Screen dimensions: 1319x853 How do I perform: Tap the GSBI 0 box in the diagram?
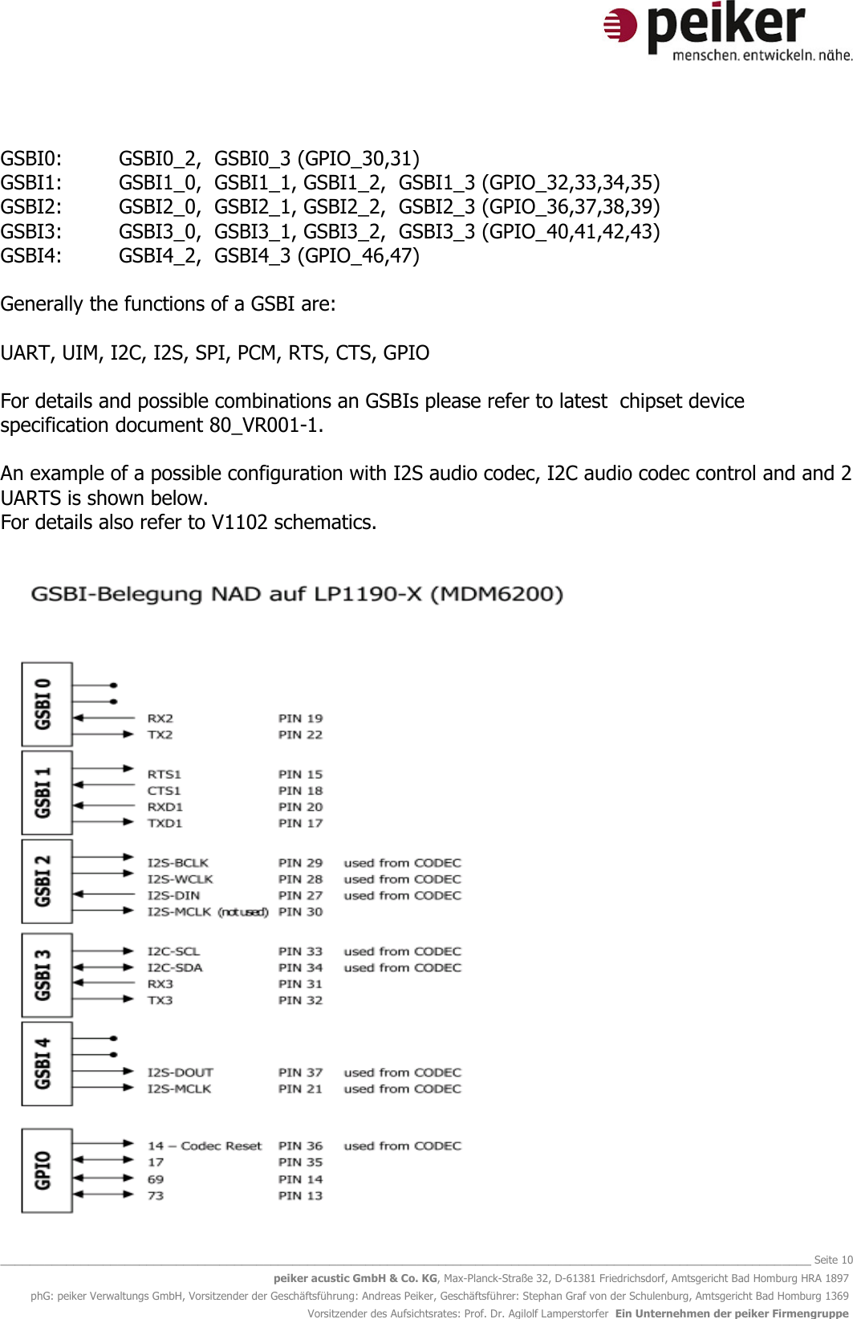[47, 704]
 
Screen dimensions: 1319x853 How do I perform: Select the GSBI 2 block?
[47, 881]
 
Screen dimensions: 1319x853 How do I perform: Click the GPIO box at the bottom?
[47, 1170]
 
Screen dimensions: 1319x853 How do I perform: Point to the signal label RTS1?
[164, 774]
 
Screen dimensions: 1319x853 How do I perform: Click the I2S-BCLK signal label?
[177, 863]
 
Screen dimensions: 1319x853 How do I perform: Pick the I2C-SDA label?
[174, 967]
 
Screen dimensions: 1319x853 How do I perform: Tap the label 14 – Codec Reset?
[204, 1146]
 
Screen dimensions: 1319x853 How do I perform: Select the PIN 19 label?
[300, 719]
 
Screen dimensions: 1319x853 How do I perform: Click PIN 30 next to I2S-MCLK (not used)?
[300, 912]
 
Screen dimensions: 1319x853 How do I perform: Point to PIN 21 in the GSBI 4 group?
[300, 1089]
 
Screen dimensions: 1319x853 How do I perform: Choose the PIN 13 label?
[300, 1195]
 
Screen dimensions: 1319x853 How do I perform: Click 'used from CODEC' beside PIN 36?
[402, 1146]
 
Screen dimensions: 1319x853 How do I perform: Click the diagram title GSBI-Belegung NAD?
[296, 594]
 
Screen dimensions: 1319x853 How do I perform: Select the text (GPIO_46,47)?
[358, 255]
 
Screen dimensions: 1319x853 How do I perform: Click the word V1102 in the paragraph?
[239, 522]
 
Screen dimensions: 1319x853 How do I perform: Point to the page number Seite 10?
[833, 1260]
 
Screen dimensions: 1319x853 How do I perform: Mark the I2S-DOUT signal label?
[180, 1073]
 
